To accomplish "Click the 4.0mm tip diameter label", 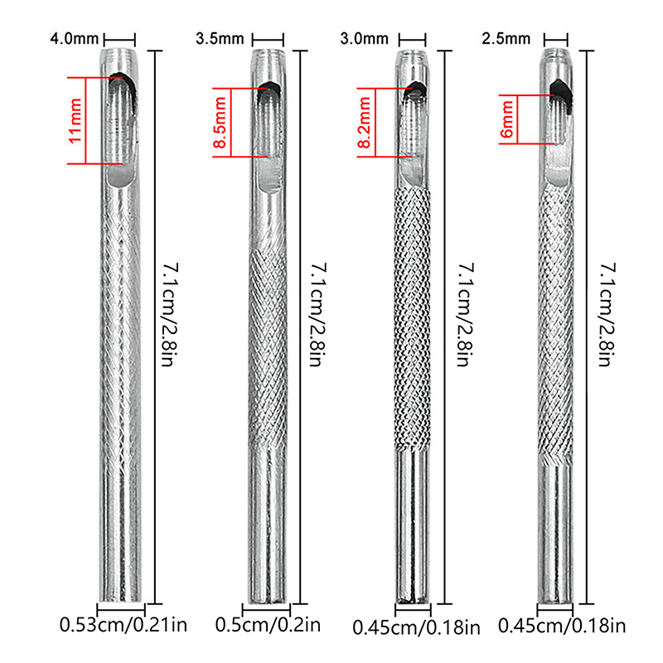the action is pyautogui.click(x=74, y=39).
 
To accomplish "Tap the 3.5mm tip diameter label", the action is pyautogui.click(x=220, y=39).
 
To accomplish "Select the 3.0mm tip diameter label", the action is pyautogui.click(x=364, y=39).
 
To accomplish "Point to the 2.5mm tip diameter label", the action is pyautogui.click(x=506, y=39).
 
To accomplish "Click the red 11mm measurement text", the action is pyautogui.click(x=75, y=121).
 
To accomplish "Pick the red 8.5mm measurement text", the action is pyautogui.click(x=220, y=123).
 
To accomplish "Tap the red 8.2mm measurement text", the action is pyautogui.click(x=365, y=123).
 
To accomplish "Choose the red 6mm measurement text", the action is pyautogui.click(x=506, y=119).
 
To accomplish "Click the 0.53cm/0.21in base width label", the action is pyautogui.click(x=123, y=625).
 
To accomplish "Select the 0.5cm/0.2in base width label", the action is pyautogui.click(x=268, y=625).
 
